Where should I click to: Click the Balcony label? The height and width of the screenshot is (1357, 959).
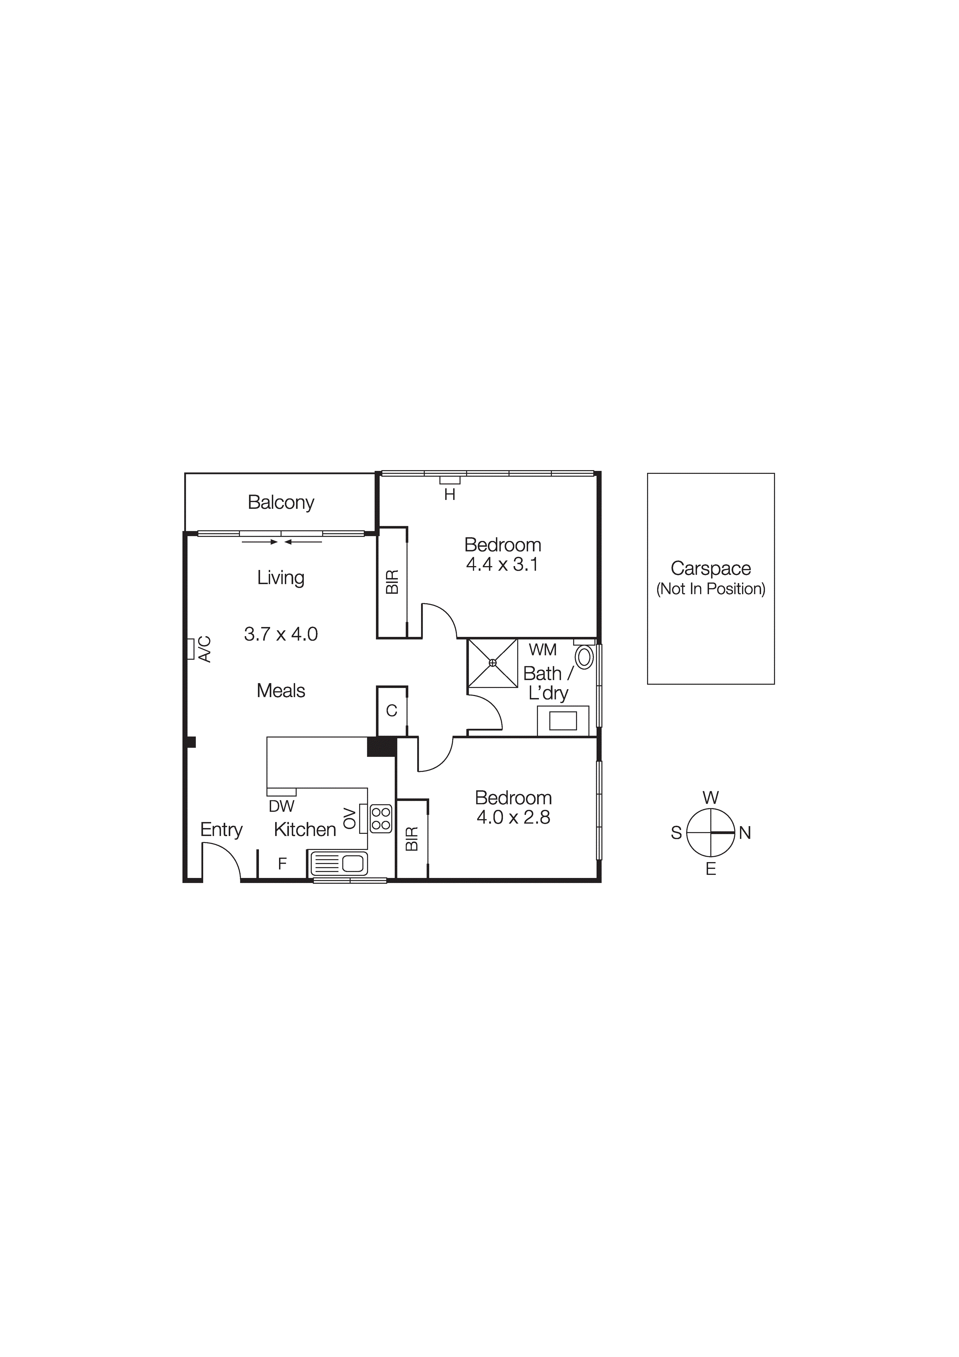point(281,502)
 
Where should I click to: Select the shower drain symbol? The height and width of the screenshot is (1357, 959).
point(493,662)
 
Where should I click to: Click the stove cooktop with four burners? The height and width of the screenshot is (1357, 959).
point(381,819)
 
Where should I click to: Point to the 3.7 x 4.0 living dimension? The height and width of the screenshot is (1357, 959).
point(281,634)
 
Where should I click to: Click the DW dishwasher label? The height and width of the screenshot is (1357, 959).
point(281,806)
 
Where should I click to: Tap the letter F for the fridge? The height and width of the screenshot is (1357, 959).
point(282,864)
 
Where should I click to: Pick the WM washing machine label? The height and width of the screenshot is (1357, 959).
point(542,650)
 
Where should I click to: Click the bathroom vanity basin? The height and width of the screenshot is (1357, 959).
point(563,721)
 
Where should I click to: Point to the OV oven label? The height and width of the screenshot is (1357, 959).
point(350,819)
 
